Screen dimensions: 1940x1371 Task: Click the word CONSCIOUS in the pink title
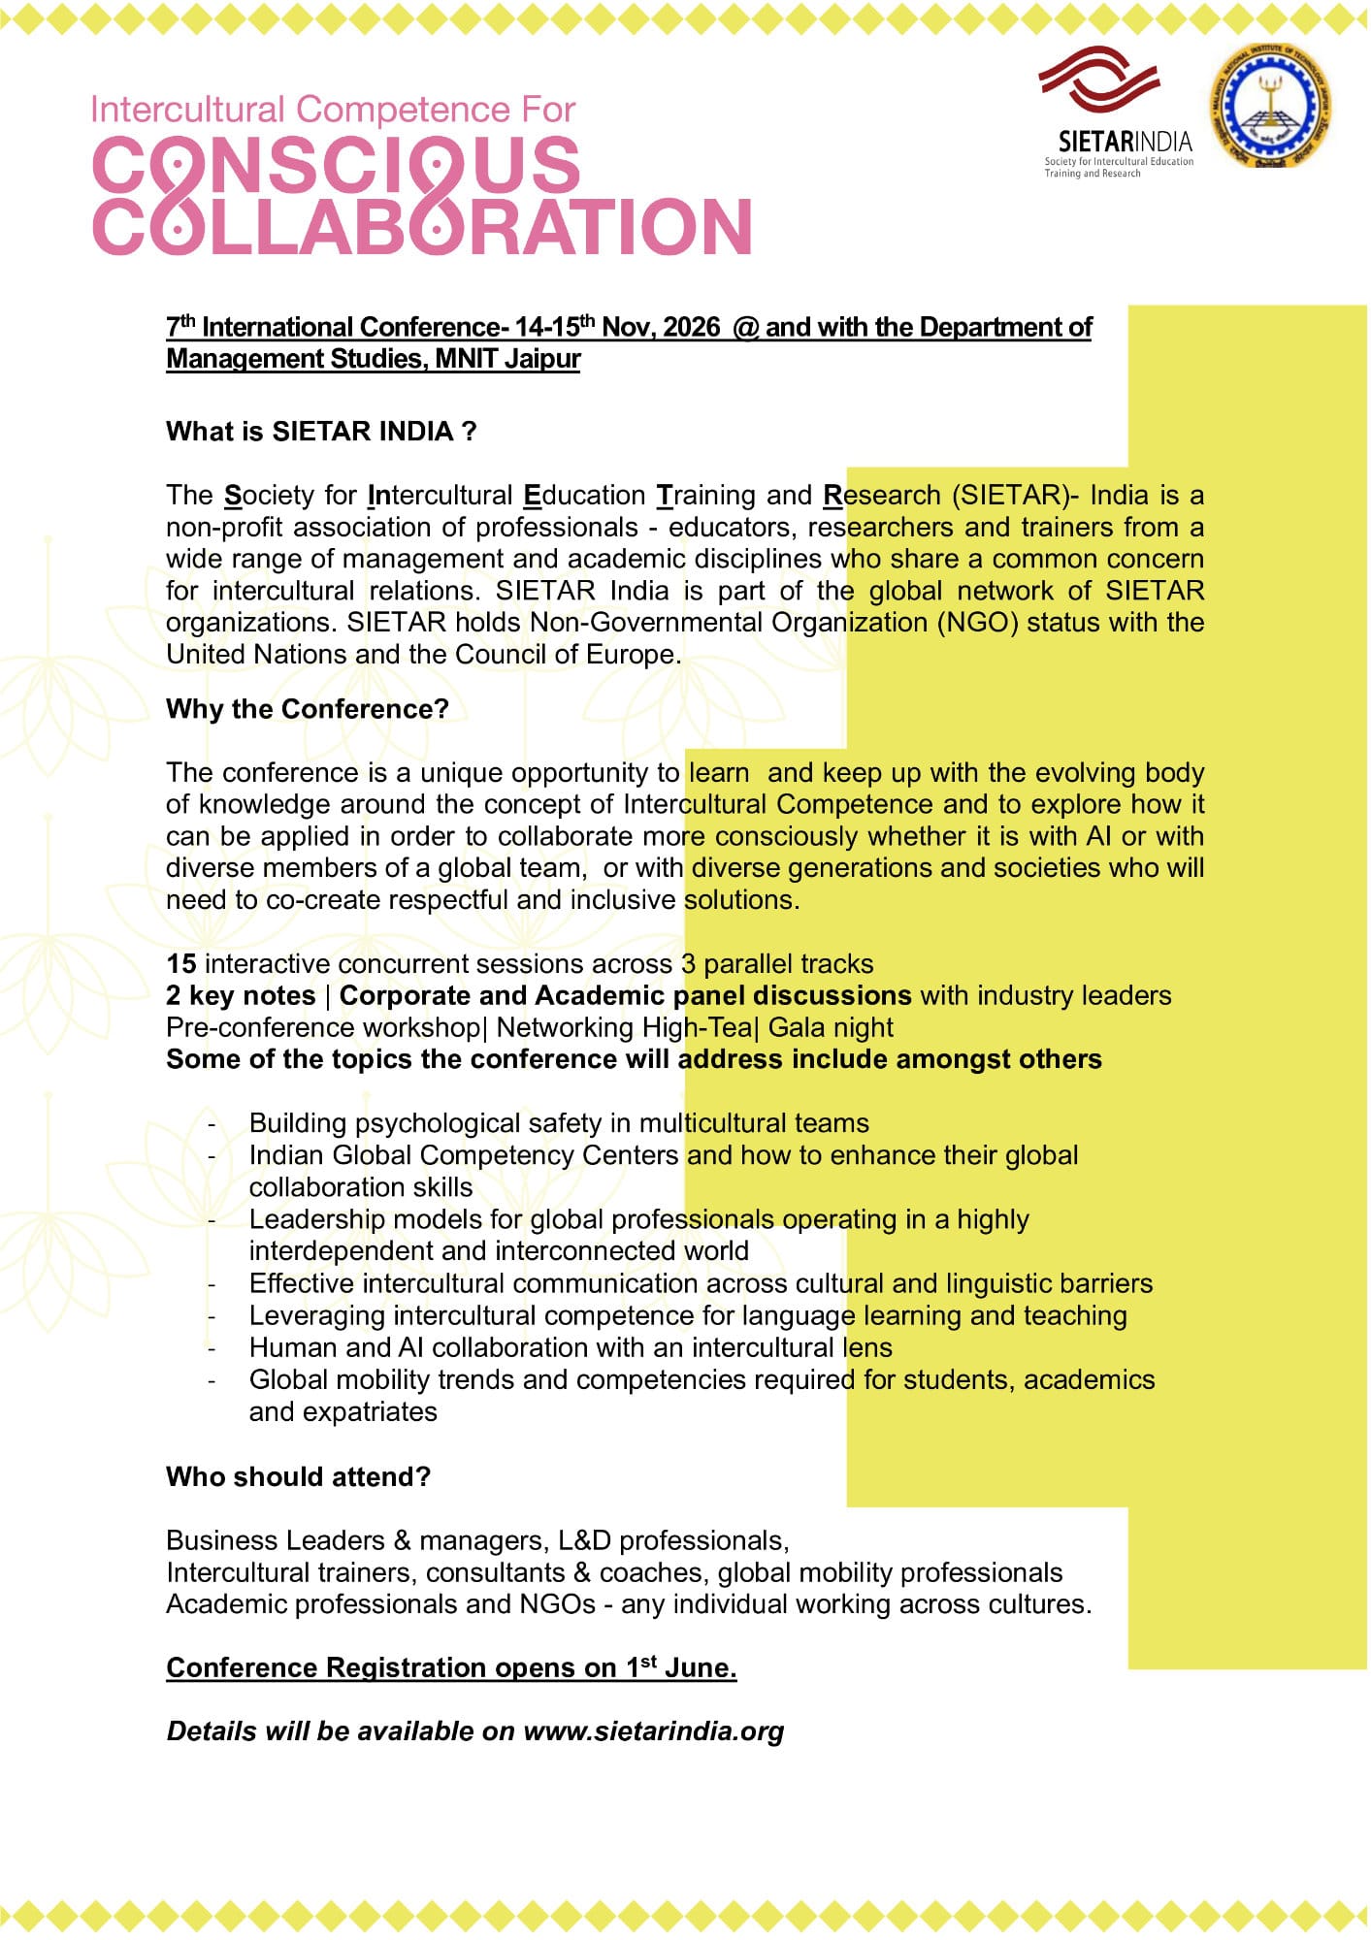(x=337, y=165)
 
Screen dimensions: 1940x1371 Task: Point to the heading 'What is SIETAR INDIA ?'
(x=321, y=432)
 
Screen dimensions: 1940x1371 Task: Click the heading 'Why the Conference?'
(x=308, y=709)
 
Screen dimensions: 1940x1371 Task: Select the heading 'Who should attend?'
(x=298, y=1476)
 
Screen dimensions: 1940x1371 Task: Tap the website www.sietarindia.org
(x=653, y=1731)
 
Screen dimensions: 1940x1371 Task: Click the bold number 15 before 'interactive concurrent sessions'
(x=181, y=964)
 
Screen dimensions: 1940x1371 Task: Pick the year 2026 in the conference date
(x=692, y=327)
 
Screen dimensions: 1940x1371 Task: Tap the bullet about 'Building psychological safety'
(x=559, y=1123)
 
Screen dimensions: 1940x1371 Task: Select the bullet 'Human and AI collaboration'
(x=571, y=1347)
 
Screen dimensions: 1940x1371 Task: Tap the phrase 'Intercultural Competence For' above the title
(x=333, y=110)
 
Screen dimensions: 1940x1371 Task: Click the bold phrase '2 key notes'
(x=241, y=996)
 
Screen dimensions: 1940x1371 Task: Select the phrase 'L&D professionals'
(x=672, y=1540)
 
